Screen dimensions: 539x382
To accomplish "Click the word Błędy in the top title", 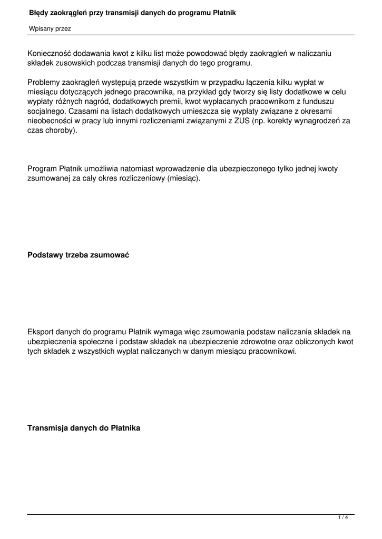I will [x=39, y=12].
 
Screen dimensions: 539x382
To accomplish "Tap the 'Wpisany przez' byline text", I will [x=50, y=29].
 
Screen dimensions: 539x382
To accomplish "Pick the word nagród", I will [x=95, y=101].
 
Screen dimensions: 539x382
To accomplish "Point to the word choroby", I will [x=62, y=131].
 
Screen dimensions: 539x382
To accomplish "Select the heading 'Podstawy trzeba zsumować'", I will [x=78, y=255].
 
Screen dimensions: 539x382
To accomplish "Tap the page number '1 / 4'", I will [x=343, y=518].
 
